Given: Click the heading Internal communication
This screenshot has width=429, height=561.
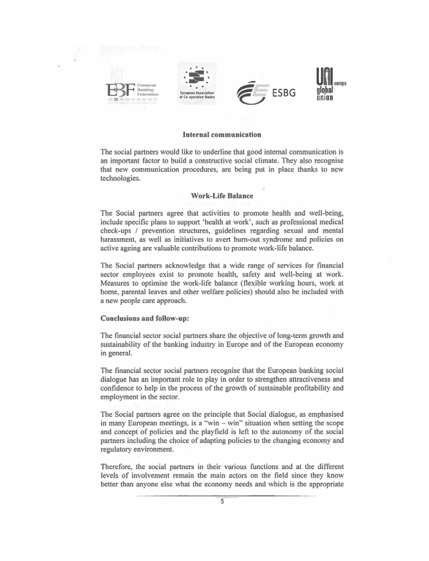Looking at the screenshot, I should coord(222,135).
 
